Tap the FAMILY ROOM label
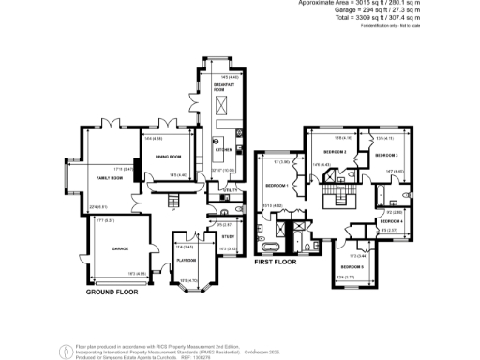(x=111, y=176)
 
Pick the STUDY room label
(x=229, y=236)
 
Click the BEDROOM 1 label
(x=275, y=187)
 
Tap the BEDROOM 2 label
(x=336, y=152)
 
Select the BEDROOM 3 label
(x=387, y=155)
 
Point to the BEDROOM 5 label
(x=352, y=267)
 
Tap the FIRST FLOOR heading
(x=275, y=263)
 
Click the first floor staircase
(x=332, y=197)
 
